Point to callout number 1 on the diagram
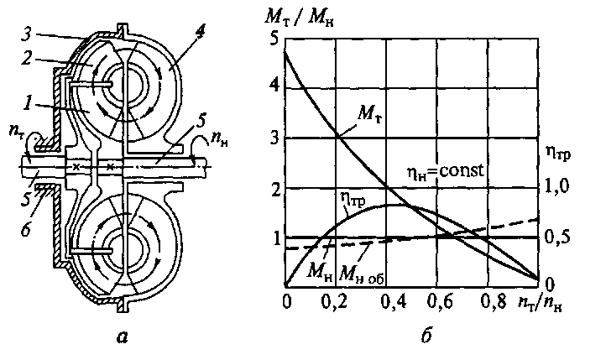(x=29, y=106)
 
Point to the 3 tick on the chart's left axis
(x=273, y=138)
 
